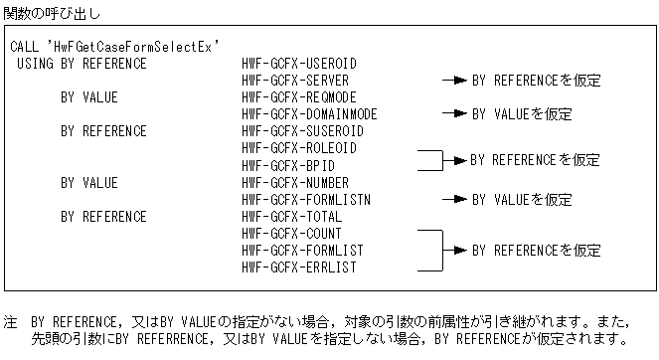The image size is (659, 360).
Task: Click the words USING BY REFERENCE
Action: tap(82, 64)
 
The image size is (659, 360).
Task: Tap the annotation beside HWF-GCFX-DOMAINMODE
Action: tap(521, 114)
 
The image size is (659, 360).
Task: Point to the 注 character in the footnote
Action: tap(10, 323)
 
